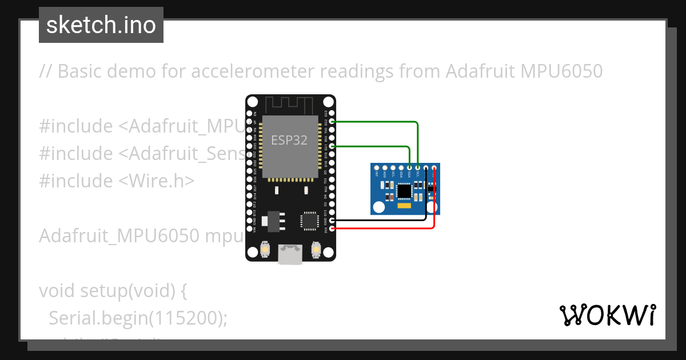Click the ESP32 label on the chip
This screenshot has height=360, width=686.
pos(290,141)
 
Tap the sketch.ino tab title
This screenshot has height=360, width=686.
pos(101,25)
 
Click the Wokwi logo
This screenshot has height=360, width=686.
pos(607,315)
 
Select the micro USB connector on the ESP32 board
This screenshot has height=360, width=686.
pos(291,254)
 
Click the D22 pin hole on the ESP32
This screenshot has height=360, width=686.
pos(326,122)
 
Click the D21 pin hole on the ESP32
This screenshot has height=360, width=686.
pos(326,147)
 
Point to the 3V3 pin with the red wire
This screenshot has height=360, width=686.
pos(326,229)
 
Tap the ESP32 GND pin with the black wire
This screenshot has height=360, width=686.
pos(326,220)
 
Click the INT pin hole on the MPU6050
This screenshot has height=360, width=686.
pos(377,168)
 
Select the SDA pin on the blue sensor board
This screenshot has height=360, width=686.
pos(410,168)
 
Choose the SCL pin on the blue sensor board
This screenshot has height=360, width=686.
pos(418,168)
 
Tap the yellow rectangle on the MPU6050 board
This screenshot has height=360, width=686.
pos(404,205)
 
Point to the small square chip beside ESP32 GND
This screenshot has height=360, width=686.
pos(309,219)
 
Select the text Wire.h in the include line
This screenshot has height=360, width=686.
pos(155,181)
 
